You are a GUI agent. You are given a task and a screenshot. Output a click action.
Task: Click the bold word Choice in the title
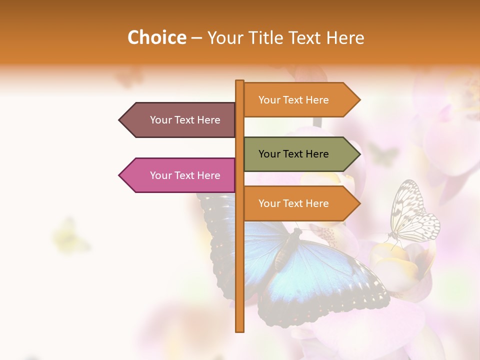[156, 37]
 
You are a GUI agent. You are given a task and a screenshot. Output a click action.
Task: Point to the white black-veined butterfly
[412, 212]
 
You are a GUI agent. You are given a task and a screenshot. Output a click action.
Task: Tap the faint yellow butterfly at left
[70, 235]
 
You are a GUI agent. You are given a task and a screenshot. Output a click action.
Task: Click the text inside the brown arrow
[185, 120]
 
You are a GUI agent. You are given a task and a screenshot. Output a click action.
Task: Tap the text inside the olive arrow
[293, 154]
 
